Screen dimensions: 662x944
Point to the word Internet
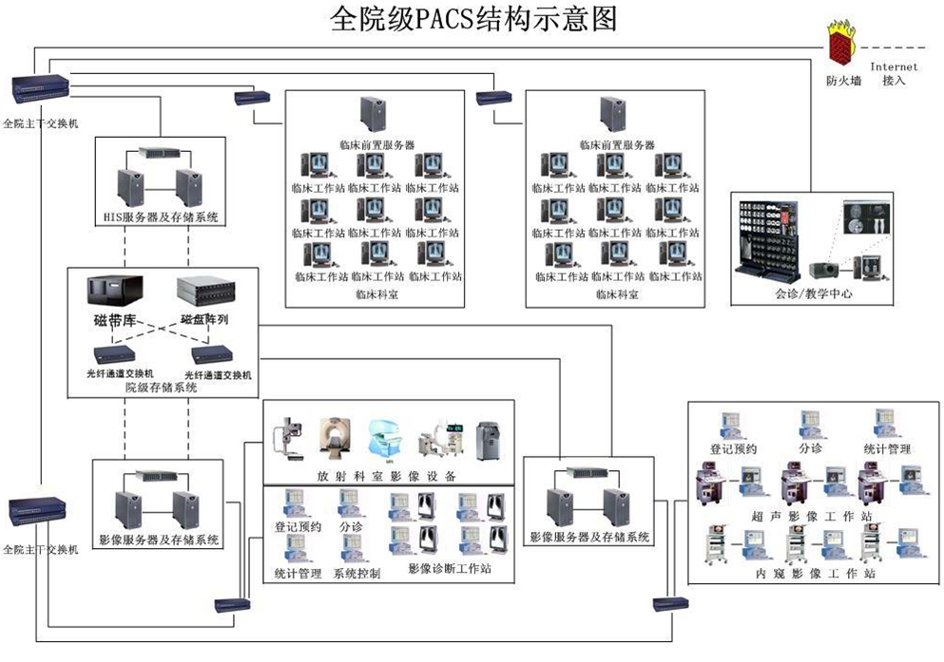click(x=895, y=67)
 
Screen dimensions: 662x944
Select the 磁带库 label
click(x=113, y=320)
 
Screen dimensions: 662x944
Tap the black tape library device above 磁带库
click(x=114, y=291)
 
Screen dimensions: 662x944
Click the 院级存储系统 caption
click(x=162, y=388)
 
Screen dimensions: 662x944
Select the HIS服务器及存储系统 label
click(x=161, y=218)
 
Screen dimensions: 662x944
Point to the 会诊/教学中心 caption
click(x=813, y=294)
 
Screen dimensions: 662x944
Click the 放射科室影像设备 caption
click(x=387, y=475)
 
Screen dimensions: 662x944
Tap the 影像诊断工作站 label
click(x=449, y=569)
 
